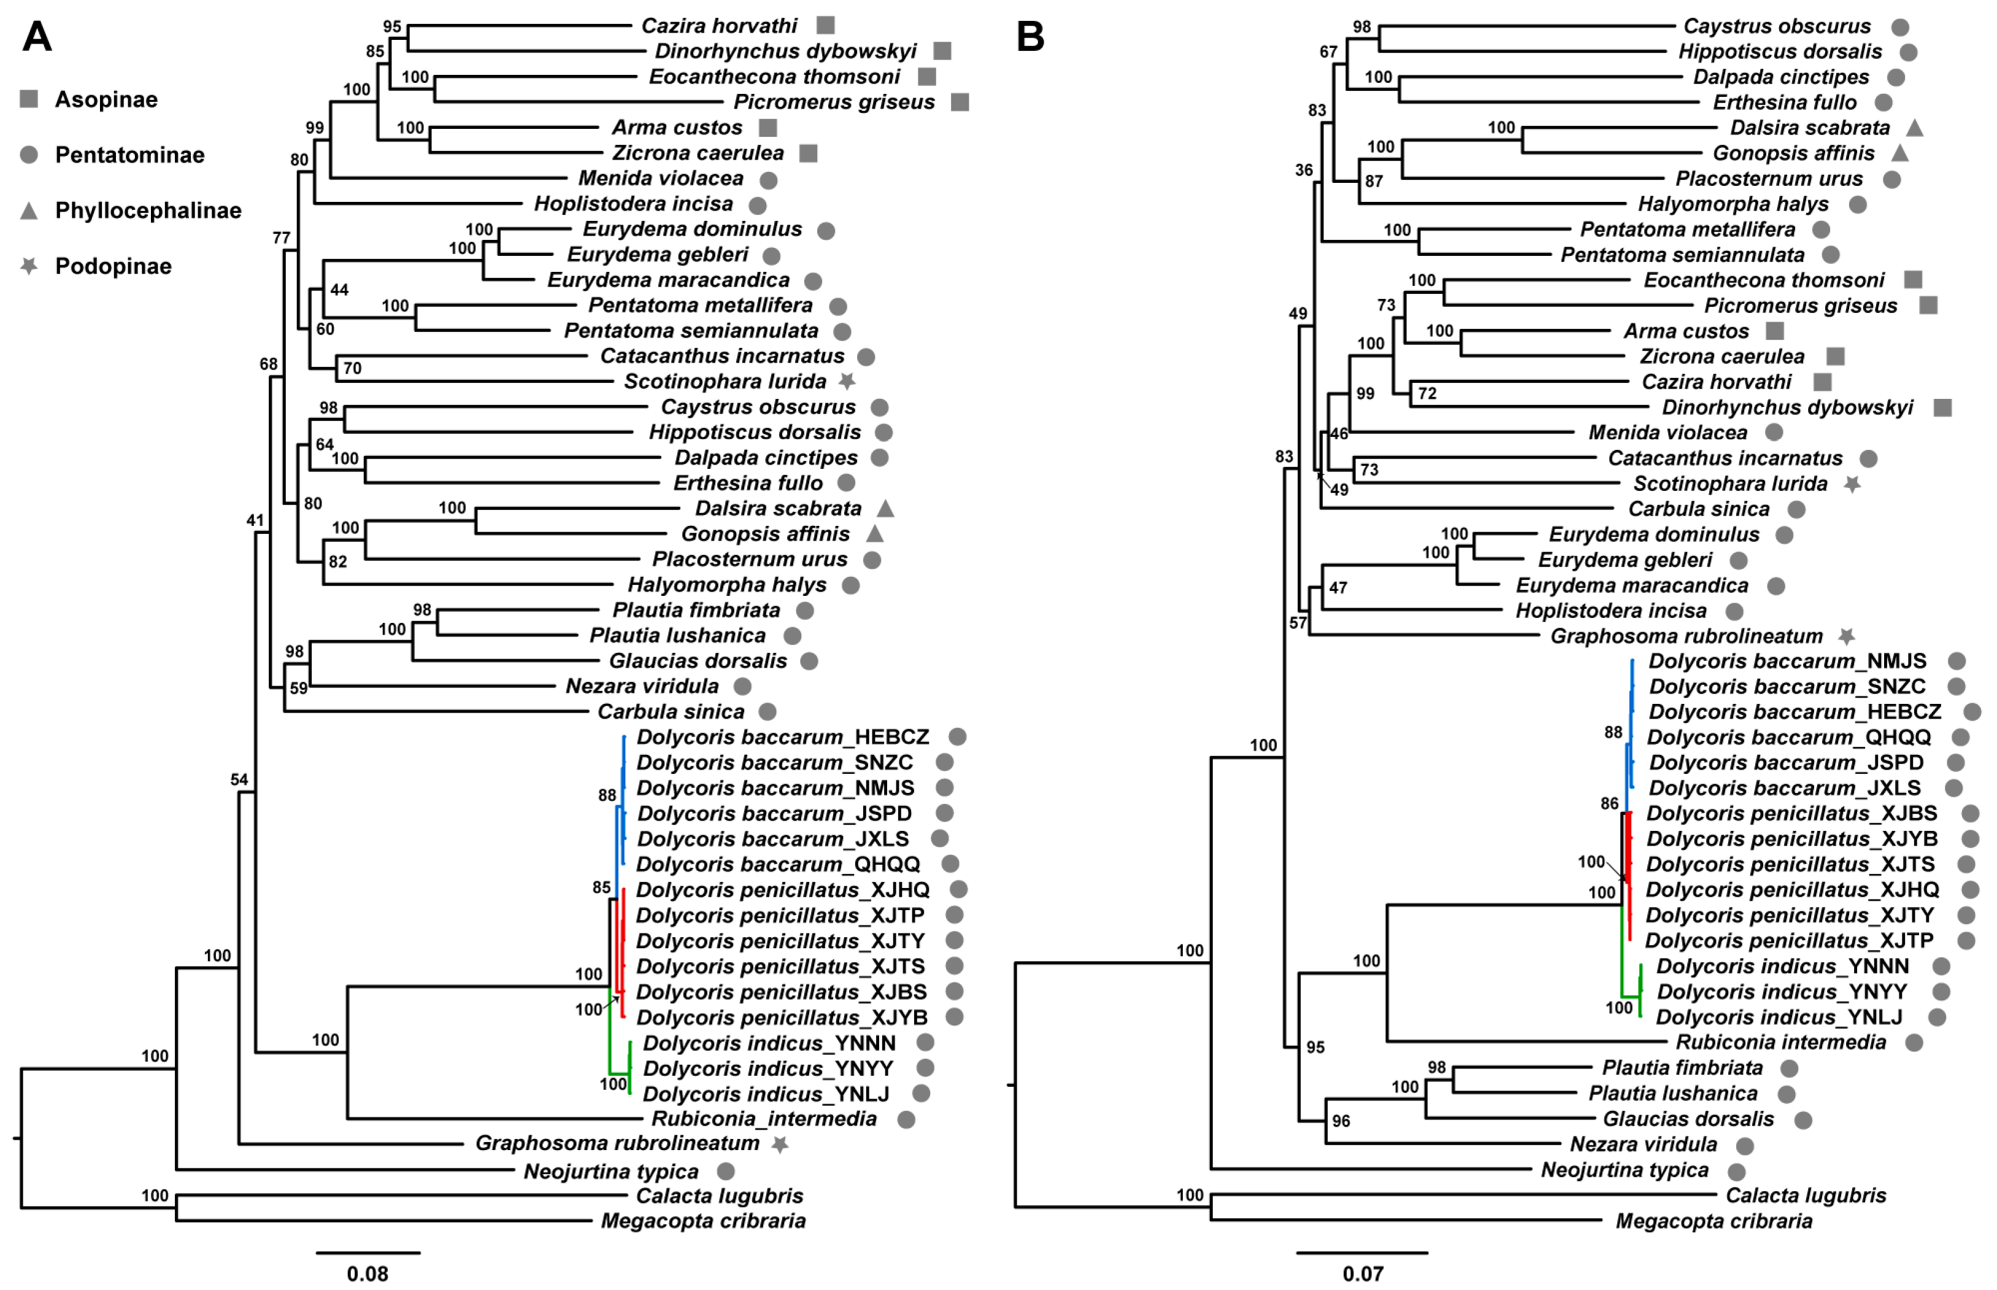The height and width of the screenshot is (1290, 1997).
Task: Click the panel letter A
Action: point(37,37)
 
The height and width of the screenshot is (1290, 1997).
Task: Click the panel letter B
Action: point(1030,37)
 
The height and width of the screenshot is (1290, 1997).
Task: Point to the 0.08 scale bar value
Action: point(367,1274)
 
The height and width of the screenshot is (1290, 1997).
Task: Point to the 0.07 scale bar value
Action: point(1362,1274)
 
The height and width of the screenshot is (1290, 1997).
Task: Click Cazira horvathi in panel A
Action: point(719,26)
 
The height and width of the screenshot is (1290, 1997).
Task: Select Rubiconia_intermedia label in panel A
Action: point(764,1119)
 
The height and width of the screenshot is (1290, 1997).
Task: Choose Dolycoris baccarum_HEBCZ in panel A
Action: point(782,737)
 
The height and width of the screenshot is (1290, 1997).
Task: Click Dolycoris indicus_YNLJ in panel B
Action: point(1779,1017)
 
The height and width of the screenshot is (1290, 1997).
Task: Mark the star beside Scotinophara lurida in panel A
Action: point(847,381)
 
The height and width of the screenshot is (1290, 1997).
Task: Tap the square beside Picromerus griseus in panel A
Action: point(960,102)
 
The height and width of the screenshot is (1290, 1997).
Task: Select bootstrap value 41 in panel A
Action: point(255,520)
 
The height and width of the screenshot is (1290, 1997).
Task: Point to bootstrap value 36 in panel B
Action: point(1304,170)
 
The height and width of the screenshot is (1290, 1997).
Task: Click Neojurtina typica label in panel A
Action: point(610,1171)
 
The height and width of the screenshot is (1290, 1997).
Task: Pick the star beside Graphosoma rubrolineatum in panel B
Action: point(1846,636)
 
